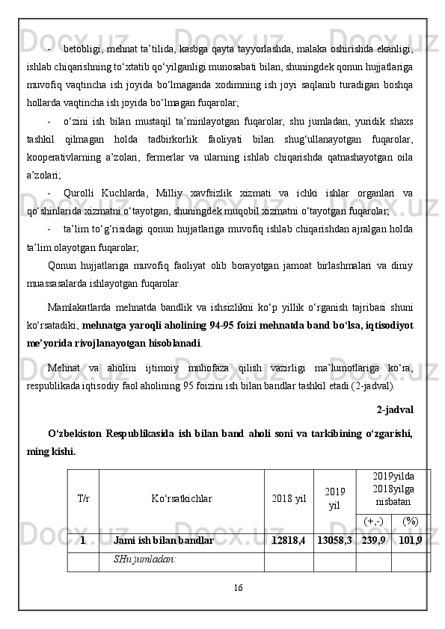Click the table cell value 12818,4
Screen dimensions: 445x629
pyautogui.click(x=289, y=540)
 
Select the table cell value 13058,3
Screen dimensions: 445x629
pyautogui.click(x=334, y=540)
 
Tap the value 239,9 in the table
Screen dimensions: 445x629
pyautogui.click(x=373, y=540)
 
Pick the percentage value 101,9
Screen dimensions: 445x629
pyautogui.click(x=410, y=540)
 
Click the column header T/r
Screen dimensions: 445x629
pyautogui.click(x=83, y=498)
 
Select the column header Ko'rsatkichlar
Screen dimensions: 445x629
pyautogui.click(x=181, y=498)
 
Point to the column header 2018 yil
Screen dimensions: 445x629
pyautogui.click(x=289, y=498)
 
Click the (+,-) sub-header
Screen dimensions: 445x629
pyautogui.click(x=373, y=521)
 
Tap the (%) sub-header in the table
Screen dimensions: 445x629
pyautogui.click(x=410, y=521)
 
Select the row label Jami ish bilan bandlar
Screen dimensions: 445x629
pyautogui.click(x=163, y=540)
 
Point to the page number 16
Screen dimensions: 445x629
pyautogui.click(x=237, y=588)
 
